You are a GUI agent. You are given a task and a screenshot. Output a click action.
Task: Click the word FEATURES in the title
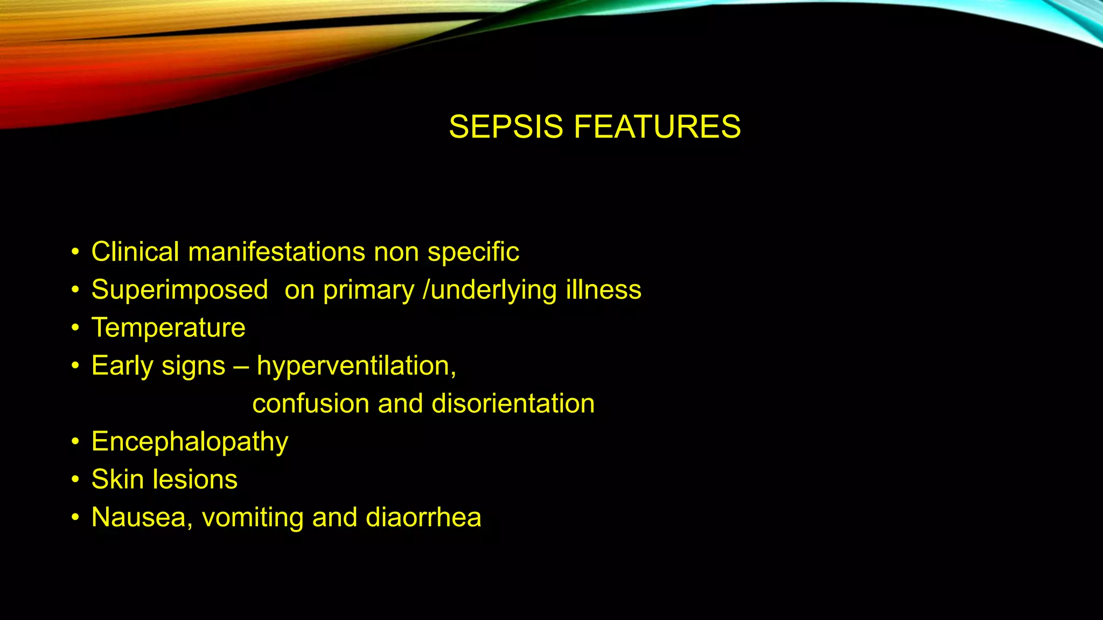(x=657, y=127)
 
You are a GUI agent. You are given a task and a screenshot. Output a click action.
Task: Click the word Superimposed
(x=179, y=290)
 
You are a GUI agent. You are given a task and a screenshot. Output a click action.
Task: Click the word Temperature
(x=168, y=328)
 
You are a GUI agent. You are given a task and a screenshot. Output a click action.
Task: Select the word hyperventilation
(x=355, y=367)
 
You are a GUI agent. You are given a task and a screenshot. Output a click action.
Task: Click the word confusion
(x=311, y=404)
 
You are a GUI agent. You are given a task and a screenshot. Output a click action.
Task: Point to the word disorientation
(x=513, y=404)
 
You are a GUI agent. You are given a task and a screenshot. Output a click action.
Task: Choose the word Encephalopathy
(x=190, y=442)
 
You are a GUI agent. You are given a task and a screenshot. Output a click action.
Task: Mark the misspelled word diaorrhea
(x=423, y=518)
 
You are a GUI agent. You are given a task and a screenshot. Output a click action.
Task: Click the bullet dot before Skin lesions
(x=75, y=480)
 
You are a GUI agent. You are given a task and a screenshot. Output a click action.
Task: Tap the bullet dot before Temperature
(x=75, y=328)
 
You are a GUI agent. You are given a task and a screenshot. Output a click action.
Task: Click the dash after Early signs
(x=241, y=367)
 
